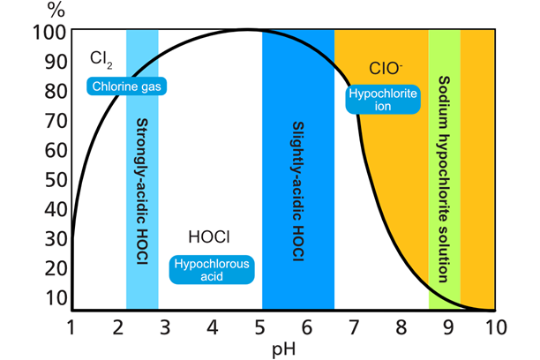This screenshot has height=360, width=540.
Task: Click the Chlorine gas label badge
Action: (x=126, y=86)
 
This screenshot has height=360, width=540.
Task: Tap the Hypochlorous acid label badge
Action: (x=212, y=270)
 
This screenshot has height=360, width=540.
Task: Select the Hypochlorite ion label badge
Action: (x=383, y=100)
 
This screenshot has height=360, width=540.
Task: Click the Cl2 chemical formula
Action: (x=101, y=60)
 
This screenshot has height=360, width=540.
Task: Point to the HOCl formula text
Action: (x=209, y=237)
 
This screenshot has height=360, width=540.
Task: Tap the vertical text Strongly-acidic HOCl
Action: (x=142, y=191)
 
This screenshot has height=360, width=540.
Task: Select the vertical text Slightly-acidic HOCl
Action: (x=298, y=191)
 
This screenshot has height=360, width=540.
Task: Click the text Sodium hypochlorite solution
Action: (x=444, y=179)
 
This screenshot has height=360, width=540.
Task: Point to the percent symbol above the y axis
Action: (x=56, y=10)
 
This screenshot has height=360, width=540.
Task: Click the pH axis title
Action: (x=284, y=349)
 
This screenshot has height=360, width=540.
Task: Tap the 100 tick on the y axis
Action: (x=49, y=33)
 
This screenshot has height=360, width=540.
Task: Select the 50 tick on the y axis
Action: (x=56, y=179)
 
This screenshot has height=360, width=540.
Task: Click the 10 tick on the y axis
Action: (x=56, y=297)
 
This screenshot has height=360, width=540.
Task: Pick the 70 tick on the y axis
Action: (x=56, y=121)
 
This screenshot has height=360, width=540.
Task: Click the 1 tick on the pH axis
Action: (x=71, y=327)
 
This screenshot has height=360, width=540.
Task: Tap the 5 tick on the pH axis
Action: (x=259, y=327)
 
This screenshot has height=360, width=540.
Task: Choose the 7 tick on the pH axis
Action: (x=354, y=327)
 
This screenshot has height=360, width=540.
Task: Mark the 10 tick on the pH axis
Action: (x=496, y=327)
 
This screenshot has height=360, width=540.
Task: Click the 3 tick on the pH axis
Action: (x=165, y=327)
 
